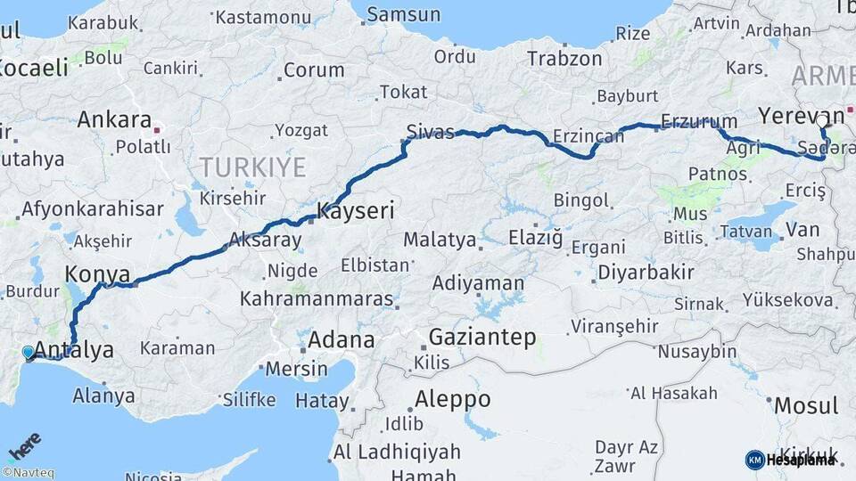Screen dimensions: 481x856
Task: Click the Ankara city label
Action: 113,119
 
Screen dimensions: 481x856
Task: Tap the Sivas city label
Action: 430,132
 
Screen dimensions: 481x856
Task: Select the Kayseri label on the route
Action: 356,212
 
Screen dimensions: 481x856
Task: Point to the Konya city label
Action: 97,274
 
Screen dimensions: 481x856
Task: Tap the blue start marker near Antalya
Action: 29,354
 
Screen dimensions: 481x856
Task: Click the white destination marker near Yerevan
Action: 822,120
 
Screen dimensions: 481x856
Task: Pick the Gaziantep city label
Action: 482,337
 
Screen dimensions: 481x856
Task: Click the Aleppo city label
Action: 453,398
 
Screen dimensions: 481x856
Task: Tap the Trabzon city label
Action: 564,59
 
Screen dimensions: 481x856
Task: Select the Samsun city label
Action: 404,14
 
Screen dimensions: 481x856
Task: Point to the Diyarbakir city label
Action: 646,273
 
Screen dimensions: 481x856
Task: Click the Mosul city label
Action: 805,405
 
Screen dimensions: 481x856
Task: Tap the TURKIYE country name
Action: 252,167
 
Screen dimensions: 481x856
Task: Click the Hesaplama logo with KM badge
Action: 791,460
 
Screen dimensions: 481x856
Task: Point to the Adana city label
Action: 341,339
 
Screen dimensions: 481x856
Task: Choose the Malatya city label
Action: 440,240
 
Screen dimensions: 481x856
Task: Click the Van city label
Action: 802,230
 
